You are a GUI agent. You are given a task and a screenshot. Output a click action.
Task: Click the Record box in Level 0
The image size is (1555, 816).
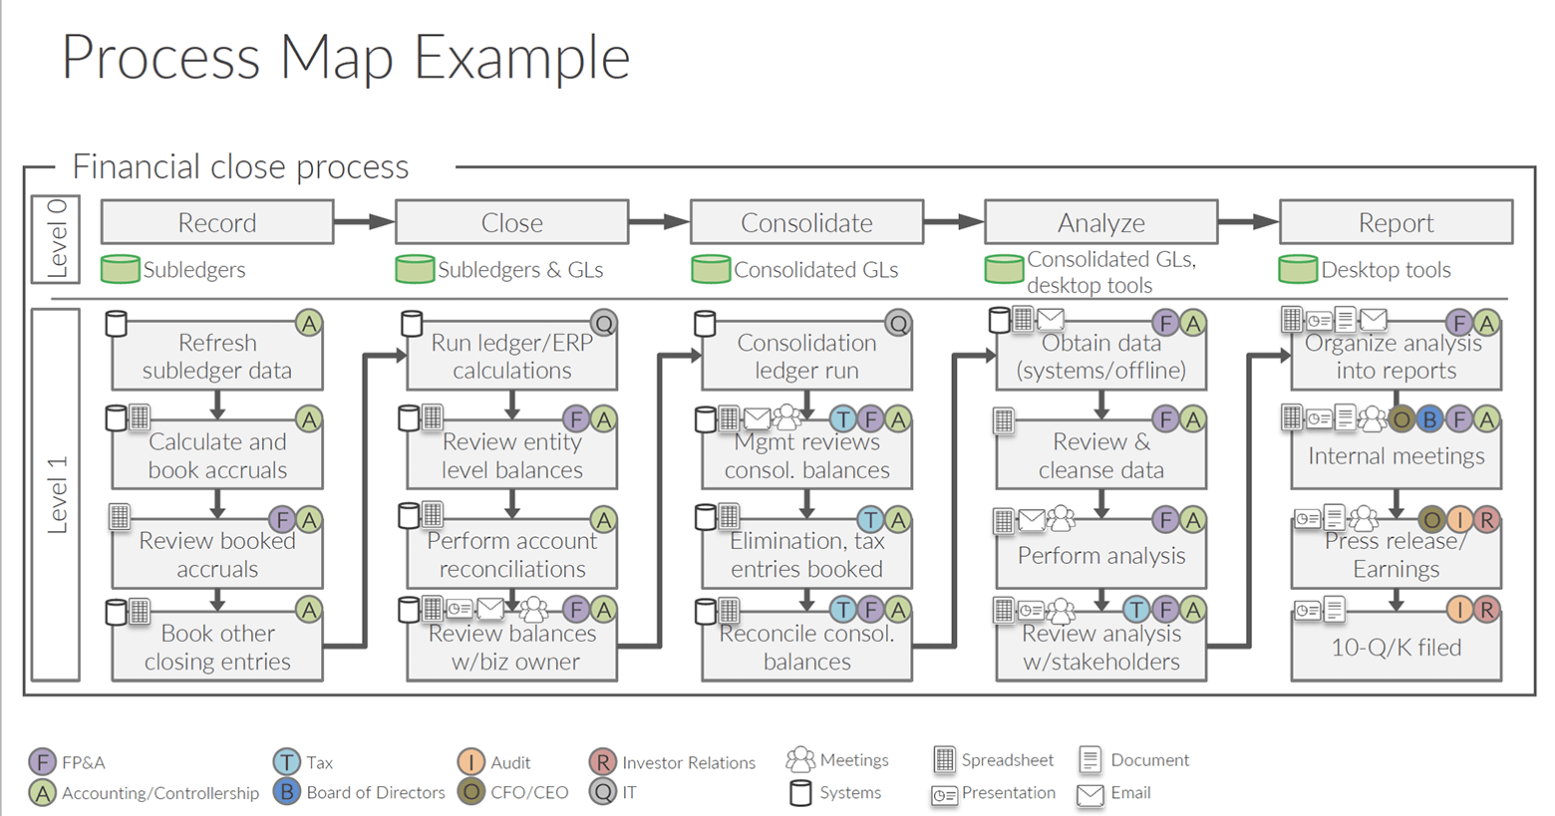coord(217,222)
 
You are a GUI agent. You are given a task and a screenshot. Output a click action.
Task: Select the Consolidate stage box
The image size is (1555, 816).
coord(806,222)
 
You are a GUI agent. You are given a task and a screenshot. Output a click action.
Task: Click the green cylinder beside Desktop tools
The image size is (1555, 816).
coord(1298,269)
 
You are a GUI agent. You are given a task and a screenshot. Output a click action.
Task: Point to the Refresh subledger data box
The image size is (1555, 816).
coord(217,356)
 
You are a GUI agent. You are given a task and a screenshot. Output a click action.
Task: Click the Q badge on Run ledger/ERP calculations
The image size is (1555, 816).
coord(604,323)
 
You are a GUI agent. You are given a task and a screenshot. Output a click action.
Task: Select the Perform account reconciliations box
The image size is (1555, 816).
coord(512,554)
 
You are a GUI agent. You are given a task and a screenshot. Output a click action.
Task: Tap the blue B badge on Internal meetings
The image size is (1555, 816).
coord(1429,419)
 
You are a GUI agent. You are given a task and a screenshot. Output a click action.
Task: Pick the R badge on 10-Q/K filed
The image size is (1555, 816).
coord(1486,610)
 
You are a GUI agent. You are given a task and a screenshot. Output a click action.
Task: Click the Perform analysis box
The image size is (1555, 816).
coord(1101,554)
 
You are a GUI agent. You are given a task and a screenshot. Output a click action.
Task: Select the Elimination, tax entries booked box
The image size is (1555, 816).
coord(806,554)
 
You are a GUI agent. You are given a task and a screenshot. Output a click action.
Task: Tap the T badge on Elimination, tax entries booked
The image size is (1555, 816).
coord(870,520)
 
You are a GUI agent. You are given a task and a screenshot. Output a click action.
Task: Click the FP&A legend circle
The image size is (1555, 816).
coord(42,761)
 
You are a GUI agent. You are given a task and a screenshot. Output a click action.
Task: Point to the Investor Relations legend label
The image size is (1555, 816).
coord(689,762)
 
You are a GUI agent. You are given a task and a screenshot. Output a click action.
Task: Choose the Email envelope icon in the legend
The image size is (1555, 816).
coord(1090,794)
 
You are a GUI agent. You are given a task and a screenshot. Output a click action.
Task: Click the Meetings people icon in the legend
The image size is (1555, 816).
coord(800,759)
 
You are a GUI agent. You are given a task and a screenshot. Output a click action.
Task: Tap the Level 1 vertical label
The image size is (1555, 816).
coord(57,494)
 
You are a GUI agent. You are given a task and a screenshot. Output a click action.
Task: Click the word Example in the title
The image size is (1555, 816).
coord(522,58)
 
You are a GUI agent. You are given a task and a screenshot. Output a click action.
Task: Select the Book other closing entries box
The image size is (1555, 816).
coord(217,647)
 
